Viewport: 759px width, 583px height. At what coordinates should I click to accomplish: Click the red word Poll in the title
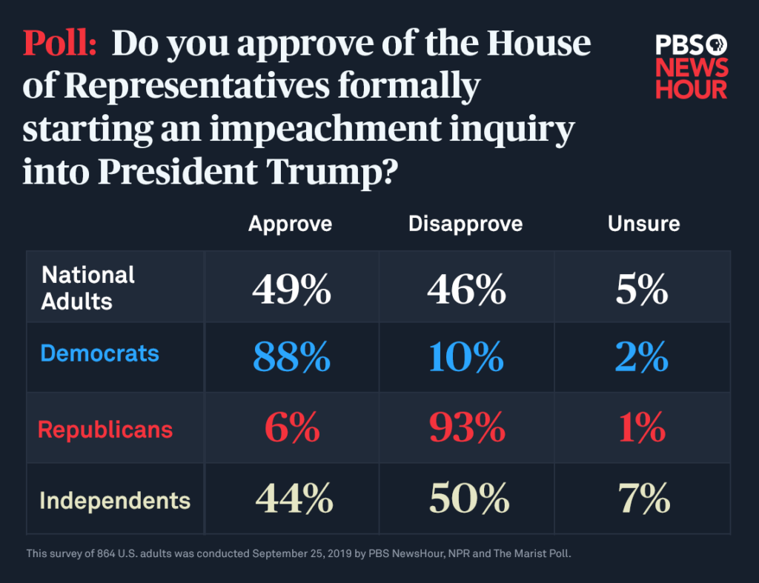60,44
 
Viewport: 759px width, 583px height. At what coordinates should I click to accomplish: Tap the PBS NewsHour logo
691,67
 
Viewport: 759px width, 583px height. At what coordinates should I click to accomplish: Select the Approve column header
290,224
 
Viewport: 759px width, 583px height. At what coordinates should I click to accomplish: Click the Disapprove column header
465,224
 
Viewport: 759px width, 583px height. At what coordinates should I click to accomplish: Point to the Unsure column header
643,224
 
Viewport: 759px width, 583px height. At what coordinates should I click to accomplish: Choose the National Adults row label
88,287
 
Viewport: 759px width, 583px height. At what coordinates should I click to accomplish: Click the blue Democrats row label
99,353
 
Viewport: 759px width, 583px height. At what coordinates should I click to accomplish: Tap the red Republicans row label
105,430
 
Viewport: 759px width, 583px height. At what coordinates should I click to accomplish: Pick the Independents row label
115,501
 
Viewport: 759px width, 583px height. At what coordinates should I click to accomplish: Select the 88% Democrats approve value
291,357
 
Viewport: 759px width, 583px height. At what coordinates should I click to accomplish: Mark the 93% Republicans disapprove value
466,428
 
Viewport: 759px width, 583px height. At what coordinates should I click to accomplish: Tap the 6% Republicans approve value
291,428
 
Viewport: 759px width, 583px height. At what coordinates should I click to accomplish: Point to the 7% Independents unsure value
643,499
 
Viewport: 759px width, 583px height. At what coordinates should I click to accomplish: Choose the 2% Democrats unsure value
642,357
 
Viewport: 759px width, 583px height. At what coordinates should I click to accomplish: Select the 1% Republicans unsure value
642,428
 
